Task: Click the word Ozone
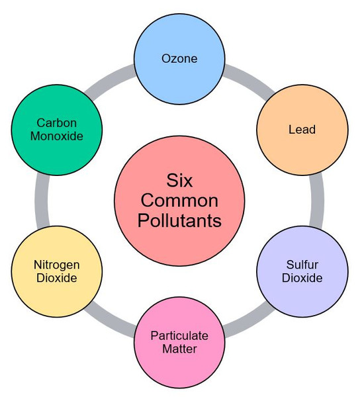[179, 58]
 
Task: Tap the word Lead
[302, 130]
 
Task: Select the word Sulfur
[302, 265]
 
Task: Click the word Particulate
[179, 336]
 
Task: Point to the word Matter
[179, 349]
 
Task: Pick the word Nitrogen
[57, 265]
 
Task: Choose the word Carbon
[57, 123]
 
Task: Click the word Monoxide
[57, 136]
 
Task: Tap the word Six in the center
[179, 180]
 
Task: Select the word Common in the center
[179, 200]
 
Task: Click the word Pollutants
[179, 220]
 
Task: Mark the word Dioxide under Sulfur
[302, 278]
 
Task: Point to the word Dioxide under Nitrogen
[57, 278]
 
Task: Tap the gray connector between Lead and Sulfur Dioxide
[316, 200]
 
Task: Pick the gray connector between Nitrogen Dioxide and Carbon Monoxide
[42, 200]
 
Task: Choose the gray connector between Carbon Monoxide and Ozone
[109, 79]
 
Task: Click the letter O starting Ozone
[166, 58]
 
